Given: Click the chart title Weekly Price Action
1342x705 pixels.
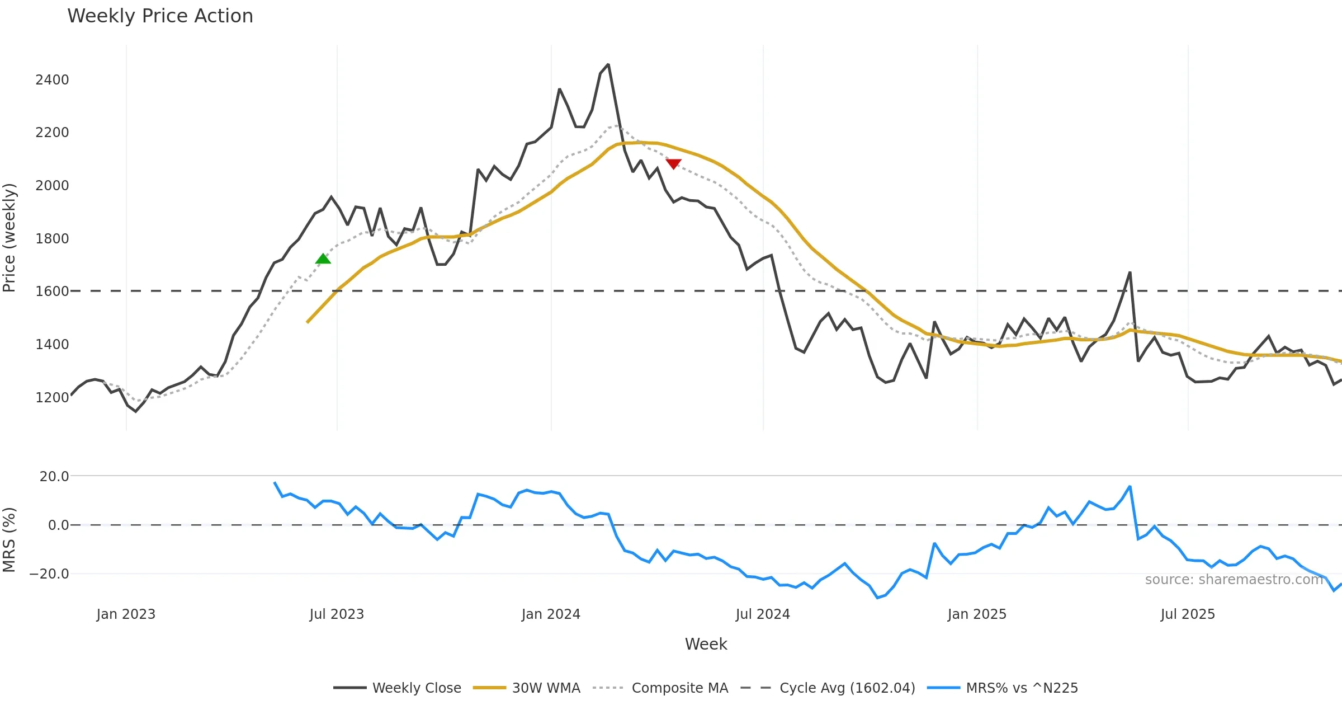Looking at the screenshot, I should pyautogui.click(x=160, y=16).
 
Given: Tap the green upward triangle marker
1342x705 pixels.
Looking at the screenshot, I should pyautogui.click(x=323, y=258).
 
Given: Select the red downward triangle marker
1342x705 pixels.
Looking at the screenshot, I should pyautogui.click(x=673, y=163).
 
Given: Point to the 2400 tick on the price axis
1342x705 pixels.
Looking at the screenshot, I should pyautogui.click(x=52, y=80).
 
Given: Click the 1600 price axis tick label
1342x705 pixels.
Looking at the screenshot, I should pyautogui.click(x=52, y=292).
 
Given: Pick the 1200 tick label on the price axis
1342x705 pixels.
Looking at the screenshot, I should pyautogui.click(x=52, y=398).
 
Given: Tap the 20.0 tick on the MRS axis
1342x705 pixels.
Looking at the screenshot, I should pyautogui.click(x=54, y=477).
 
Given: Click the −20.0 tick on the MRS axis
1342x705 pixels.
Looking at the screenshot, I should pyautogui.click(x=49, y=574).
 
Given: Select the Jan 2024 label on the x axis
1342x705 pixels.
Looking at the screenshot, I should pyautogui.click(x=551, y=614).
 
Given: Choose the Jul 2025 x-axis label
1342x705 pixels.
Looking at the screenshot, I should pyautogui.click(x=1188, y=614).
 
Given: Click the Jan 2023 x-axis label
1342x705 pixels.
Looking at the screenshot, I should pyautogui.click(x=126, y=614).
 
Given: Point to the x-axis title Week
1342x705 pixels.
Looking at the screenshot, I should pyautogui.click(x=706, y=645).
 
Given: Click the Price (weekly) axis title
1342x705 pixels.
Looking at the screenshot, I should pyautogui.click(x=9, y=238).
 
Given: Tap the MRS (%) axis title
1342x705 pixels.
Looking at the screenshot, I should pyautogui.click(x=9, y=540).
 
